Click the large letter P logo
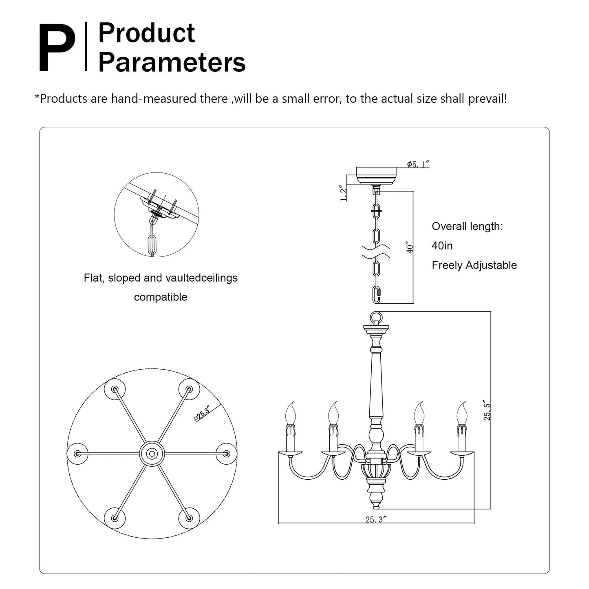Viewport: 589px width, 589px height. point(57,48)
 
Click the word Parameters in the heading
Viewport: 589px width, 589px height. point(172,62)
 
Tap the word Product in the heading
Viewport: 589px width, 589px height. point(147,33)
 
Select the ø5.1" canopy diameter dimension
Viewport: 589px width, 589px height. point(418,164)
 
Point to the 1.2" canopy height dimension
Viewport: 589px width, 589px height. point(344,193)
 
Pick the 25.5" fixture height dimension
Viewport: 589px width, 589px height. point(487,410)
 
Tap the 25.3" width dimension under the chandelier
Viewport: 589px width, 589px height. point(376,520)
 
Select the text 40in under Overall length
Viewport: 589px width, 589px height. point(442,246)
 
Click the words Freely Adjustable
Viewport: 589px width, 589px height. point(474,265)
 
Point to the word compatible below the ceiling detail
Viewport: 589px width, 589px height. point(161,297)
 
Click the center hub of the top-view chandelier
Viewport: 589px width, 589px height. point(152,454)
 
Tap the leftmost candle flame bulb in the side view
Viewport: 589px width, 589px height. point(290,413)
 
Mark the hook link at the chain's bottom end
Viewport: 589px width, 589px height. point(377,295)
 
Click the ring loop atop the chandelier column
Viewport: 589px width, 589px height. point(376,318)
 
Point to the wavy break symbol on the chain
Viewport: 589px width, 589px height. point(376,251)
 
